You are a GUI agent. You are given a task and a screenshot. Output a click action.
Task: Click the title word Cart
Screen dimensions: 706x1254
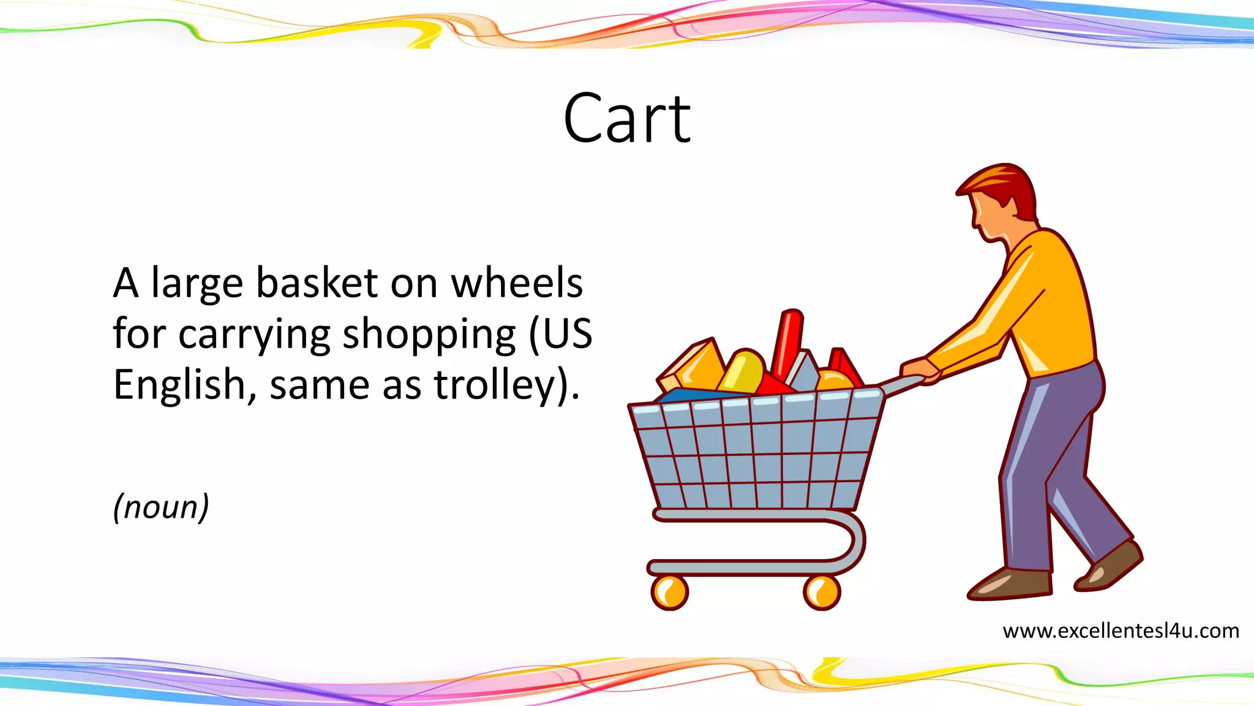coord(627,119)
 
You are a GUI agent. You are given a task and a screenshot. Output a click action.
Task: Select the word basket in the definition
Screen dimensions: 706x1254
coord(317,283)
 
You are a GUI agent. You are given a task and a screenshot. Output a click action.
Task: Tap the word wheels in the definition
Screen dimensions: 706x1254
coord(517,283)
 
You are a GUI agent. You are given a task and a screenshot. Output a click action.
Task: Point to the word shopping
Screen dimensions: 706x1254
coord(429,335)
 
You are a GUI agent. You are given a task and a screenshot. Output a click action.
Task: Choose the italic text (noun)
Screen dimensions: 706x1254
coord(161,507)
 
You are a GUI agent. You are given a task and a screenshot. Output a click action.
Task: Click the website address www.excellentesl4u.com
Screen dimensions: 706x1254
coord(1121,631)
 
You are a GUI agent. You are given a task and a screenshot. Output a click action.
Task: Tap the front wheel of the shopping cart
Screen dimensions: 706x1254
coord(669,592)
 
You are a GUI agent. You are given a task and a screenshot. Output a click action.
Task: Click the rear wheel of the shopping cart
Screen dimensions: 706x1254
coord(821,592)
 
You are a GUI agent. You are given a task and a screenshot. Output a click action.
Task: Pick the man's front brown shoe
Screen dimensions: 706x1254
coord(1010,583)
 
